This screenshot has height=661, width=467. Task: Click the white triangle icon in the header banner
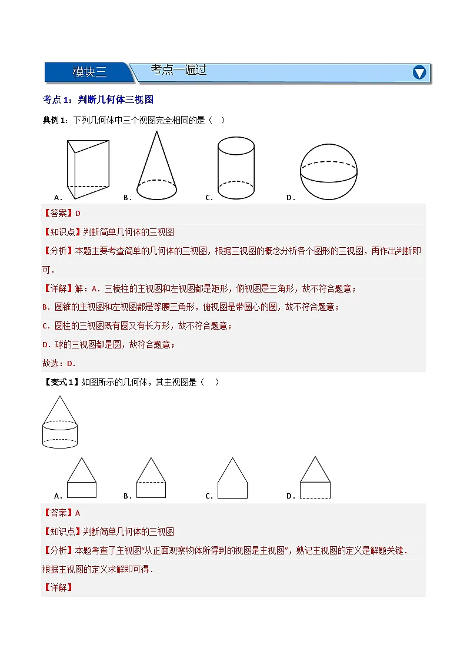(419, 72)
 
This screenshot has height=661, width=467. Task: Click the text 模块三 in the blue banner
(89, 72)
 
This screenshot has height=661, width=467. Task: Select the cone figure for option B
(156, 167)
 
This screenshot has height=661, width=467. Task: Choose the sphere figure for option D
(329, 171)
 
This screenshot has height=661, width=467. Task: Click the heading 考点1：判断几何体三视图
(98, 100)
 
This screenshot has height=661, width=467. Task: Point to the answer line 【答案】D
(62, 213)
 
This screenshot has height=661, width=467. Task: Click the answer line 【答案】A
(62, 513)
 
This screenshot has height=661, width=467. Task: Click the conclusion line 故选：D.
(59, 363)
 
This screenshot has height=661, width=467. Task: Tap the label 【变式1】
(61, 382)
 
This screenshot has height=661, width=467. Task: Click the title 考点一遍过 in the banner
(179, 70)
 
